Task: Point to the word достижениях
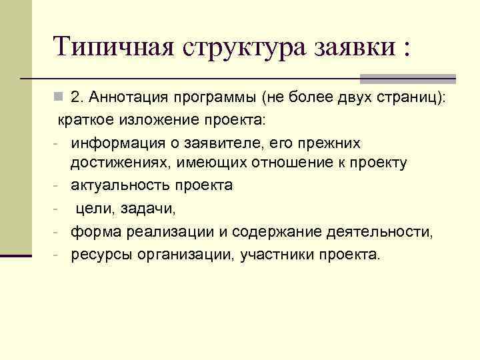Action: coord(119,163)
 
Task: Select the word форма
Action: coord(93,232)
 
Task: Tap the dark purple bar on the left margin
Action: coord(16,255)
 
